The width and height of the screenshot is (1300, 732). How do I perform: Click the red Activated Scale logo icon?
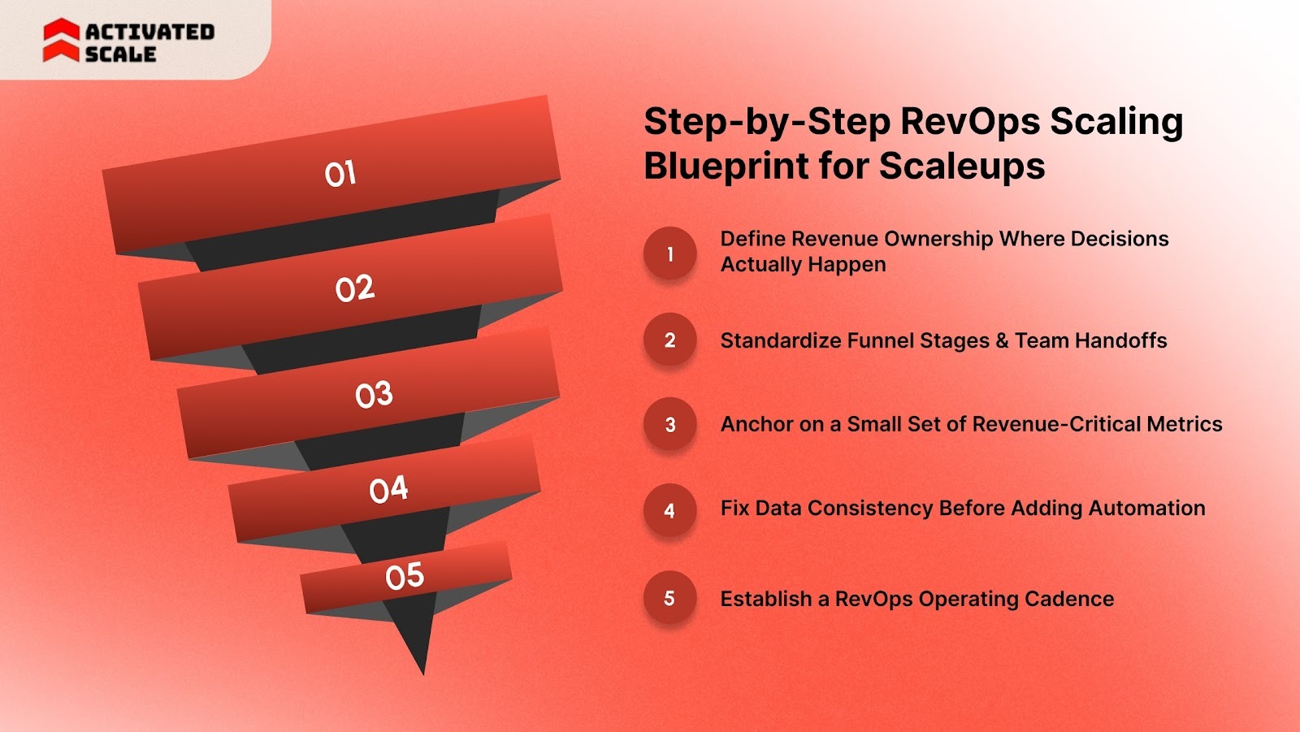click(x=61, y=41)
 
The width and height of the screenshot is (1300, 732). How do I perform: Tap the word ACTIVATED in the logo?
click(x=149, y=32)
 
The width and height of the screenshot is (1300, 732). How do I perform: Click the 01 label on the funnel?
click(x=340, y=174)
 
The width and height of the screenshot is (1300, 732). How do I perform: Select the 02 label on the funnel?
click(x=355, y=288)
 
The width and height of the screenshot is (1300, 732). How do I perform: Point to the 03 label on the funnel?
click(x=374, y=395)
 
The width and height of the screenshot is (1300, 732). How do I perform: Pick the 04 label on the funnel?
click(x=388, y=489)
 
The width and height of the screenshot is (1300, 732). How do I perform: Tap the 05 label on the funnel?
click(x=405, y=576)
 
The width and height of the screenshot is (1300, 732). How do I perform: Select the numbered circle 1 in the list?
click(x=669, y=253)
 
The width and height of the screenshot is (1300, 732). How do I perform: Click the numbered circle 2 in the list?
click(x=669, y=340)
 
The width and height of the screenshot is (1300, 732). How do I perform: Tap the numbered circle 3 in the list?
click(x=669, y=424)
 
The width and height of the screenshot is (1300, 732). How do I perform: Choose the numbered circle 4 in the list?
click(x=669, y=510)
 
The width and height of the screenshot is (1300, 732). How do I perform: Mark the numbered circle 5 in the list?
click(x=669, y=598)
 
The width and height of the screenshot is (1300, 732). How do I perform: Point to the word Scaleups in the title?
click(x=962, y=167)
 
